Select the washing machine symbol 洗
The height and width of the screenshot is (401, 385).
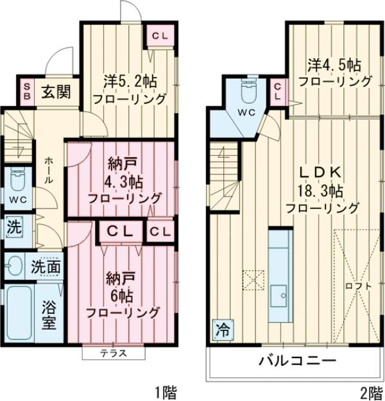coord(13,226)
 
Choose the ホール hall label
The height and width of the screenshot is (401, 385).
coord(49,172)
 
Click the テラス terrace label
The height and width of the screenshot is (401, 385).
coord(112,353)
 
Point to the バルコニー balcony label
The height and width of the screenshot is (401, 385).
coord(297,361)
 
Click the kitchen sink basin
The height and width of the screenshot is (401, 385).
coord(280,297)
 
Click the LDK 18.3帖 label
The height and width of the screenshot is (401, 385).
coord(321,189)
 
